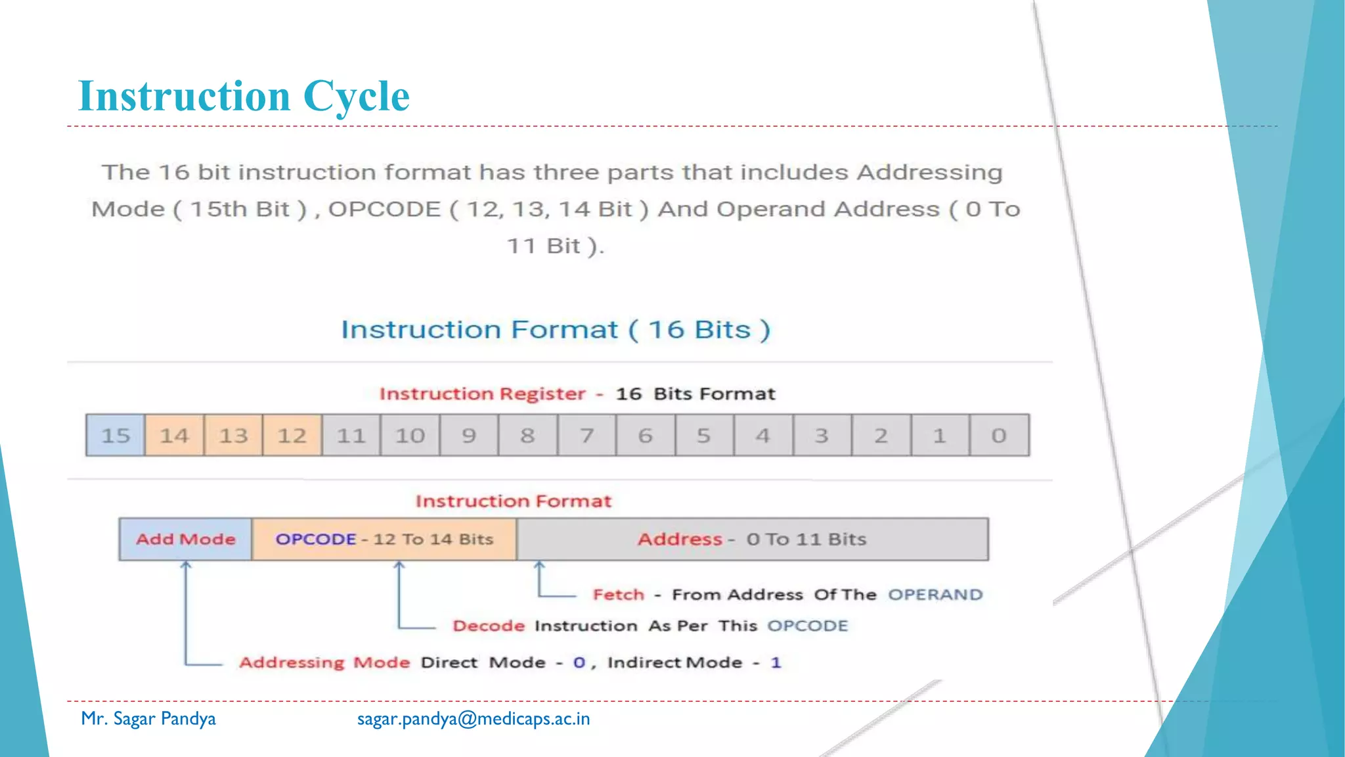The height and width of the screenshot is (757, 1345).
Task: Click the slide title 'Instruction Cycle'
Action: click(244, 96)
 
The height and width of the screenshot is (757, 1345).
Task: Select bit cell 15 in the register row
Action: click(116, 435)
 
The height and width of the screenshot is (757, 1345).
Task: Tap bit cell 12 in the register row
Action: click(292, 435)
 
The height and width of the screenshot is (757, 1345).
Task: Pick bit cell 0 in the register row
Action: click(999, 435)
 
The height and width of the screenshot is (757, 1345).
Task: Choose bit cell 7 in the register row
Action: click(586, 435)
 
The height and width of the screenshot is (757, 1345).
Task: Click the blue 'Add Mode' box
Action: click(185, 539)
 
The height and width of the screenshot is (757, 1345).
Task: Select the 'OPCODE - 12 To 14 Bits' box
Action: click(384, 539)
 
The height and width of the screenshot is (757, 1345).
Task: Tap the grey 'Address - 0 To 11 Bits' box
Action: click(752, 539)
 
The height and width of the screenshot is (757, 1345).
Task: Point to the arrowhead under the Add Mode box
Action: click(186, 564)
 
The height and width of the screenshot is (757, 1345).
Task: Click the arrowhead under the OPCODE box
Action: click(399, 564)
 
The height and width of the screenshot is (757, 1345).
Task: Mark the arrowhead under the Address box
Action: click(539, 564)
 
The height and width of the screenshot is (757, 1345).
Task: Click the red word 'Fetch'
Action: click(619, 595)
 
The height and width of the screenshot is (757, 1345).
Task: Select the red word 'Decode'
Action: click(489, 626)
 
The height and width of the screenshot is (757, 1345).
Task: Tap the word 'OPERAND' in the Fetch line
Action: click(935, 595)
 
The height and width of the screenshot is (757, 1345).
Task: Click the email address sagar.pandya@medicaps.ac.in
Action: click(474, 719)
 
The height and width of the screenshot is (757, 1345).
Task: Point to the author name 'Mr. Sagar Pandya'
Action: click(148, 719)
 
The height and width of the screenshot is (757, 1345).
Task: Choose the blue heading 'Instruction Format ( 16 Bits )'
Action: click(556, 329)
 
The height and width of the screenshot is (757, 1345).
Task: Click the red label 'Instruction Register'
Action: click(483, 394)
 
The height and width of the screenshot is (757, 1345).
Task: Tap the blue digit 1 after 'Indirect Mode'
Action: click(776, 662)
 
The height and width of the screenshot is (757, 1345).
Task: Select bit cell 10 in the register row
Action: click(410, 435)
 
